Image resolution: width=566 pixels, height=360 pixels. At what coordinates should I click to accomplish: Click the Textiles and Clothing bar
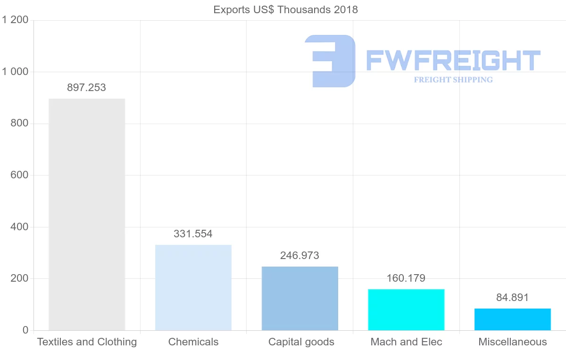(87, 214)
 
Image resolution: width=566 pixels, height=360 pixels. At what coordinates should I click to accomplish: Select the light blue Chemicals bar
(193, 287)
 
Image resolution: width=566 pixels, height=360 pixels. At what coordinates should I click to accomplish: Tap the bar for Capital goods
(300, 298)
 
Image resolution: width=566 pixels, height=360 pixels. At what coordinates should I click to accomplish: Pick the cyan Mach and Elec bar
(406, 310)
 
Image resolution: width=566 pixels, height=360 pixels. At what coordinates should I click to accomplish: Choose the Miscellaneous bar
(513, 319)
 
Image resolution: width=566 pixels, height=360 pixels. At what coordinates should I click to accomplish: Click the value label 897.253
(86, 87)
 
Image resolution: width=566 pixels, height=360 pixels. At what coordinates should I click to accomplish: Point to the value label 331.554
(193, 234)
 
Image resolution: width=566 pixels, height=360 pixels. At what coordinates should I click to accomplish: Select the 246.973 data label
(300, 256)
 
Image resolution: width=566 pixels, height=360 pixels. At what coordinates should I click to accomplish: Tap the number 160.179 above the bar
(406, 278)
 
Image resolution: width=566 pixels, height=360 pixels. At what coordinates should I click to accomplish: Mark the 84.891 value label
(512, 298)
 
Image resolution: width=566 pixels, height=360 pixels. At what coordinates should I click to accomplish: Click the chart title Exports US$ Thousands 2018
(286, 9)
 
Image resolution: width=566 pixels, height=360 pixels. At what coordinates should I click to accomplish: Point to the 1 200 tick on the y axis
(16, 20)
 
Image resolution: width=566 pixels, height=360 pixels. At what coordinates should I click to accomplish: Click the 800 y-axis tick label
(19, 124)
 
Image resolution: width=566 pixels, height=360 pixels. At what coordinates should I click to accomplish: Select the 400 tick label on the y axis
(19, 227)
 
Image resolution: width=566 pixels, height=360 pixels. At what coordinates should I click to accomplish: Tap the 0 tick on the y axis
(25, 330)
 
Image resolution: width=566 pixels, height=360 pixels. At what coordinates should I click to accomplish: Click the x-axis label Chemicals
(193, 342)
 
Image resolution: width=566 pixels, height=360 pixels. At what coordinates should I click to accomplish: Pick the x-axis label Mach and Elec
(406, 342)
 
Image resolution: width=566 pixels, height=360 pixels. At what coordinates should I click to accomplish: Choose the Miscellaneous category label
(513, 342)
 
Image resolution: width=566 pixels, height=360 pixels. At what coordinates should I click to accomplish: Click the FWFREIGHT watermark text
(453, 60)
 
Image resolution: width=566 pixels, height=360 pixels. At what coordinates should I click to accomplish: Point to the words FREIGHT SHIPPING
(453, 80)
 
